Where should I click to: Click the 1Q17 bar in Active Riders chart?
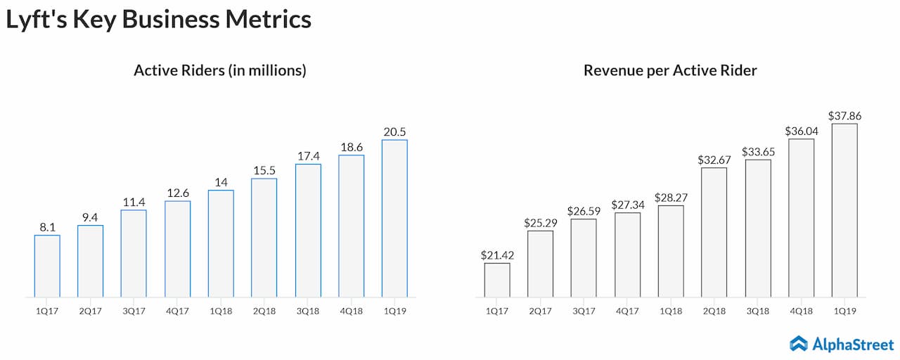click(47, 266)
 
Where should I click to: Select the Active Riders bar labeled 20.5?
click(394, 218)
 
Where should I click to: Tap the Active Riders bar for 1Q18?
click(221, 243)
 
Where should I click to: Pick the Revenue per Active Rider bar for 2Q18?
click(714, 232)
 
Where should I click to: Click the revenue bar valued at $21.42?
click(497, 280)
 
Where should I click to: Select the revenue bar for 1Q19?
click(844, 210)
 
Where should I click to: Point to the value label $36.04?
click(801, 131)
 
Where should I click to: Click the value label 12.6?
click(177, 193)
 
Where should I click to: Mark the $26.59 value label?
click(584, 211)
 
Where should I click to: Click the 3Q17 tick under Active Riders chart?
click(134, 309)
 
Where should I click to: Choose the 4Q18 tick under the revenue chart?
click(801, 309)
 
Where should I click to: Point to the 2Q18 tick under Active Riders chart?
click(264, 309)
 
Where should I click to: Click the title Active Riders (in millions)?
click(220, 70)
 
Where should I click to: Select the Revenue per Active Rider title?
click(670, 70)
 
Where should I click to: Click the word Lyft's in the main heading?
click(30, 20)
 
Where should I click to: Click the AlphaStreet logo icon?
click(798, 343)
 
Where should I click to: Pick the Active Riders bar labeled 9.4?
click(90, 261)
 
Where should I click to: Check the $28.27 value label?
click(671, 198)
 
